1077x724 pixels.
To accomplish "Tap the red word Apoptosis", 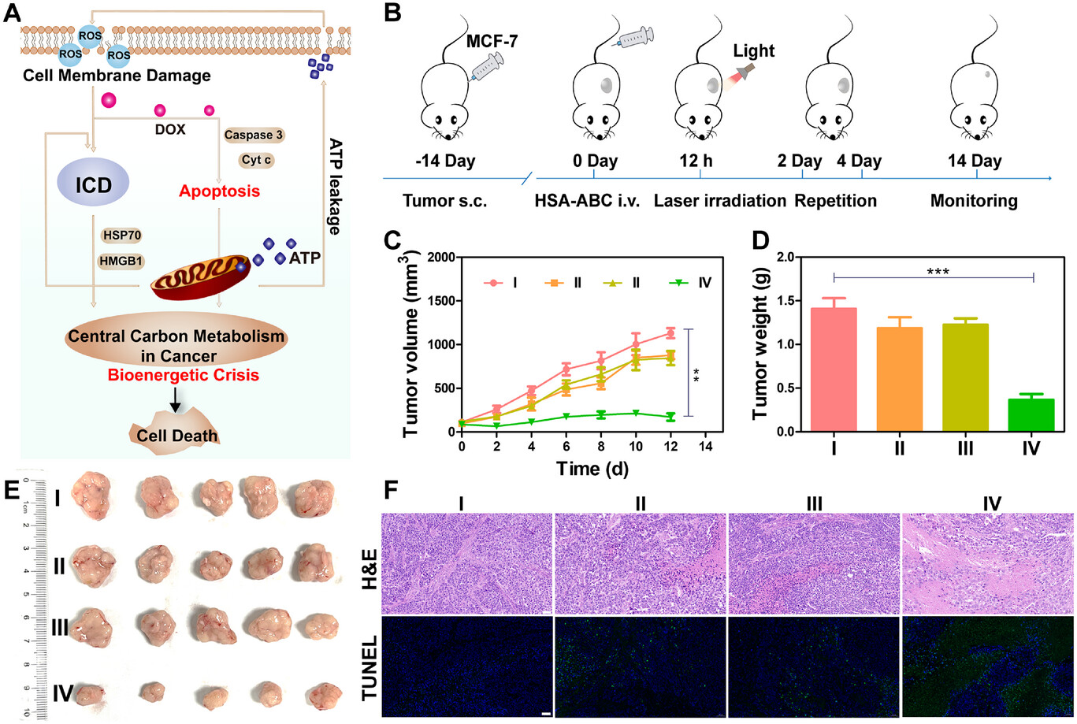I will [x=219, y=191].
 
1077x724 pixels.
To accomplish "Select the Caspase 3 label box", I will [x=253, y=135].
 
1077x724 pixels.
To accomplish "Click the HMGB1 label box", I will [x=121, y=261].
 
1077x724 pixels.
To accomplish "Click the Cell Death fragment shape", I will [x=176, y=434].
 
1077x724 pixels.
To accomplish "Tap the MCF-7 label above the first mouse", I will [x=492, y=41].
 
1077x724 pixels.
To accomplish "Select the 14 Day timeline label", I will [x=975, y=162].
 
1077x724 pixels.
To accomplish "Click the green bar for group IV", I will [x=1031, y=415].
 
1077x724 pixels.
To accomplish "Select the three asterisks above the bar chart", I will [x=937, y=273].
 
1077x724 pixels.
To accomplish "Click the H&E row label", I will [x=368, y=564].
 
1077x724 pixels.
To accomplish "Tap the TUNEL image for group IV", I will [x=988, y=667].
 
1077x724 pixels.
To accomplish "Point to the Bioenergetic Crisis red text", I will [x=183, y=375].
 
